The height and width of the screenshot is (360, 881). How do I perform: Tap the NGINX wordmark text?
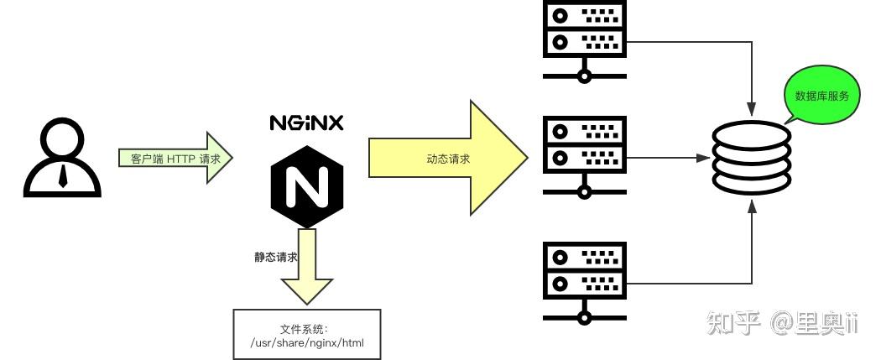[x=306, y=123]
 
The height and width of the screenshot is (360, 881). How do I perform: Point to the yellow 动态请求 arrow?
[x=448, y=158]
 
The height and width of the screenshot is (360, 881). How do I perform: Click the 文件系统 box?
[x=306, y=334]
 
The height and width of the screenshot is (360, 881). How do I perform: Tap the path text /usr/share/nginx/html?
[x=307, y=342]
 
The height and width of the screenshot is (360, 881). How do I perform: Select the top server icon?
[x=585, y=40]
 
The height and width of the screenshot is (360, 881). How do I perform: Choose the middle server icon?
[x=585, y=157]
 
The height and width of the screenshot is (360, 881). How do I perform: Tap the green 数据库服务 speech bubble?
[x=821, y=96]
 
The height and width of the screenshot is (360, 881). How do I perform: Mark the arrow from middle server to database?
[x=663, y=157]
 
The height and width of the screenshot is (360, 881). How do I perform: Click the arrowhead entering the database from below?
[x=752, y=205]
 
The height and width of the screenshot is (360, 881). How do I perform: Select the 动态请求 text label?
[x=448, y=159]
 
